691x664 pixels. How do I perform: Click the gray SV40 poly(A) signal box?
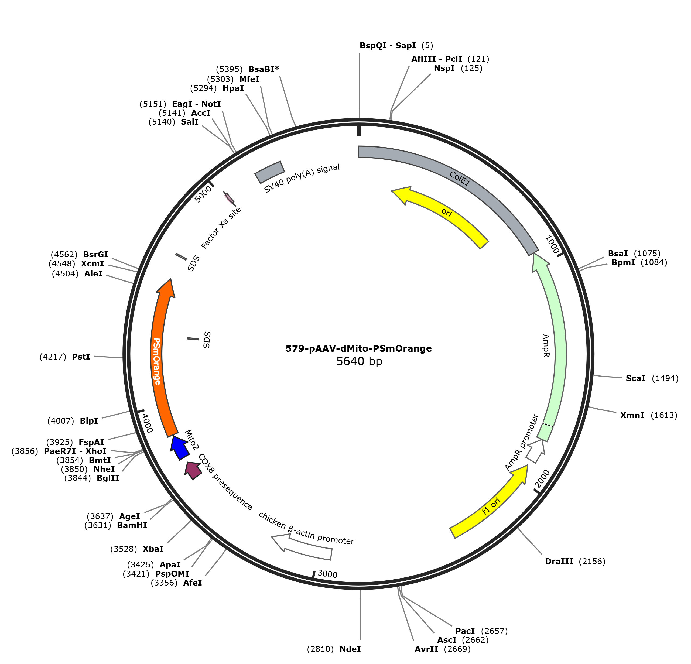[x=270, y=172]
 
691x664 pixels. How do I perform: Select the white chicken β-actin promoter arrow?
[x=302, y=547]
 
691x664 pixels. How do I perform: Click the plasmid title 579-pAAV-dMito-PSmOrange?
[x=358, y=348]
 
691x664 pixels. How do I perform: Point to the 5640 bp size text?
[x=359, y=361]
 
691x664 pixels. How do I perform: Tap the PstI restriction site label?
[x=81, y=357]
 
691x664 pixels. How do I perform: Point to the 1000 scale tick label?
[x=552, y=245]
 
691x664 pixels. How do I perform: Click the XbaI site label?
[x=153, y=549]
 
